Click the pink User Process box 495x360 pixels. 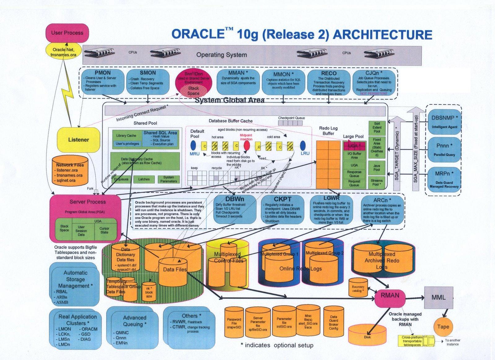point(67,33)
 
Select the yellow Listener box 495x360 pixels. point(79,140)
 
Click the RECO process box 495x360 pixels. point(328,82)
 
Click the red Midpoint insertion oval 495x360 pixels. point(247,146)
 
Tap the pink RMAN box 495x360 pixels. point(390,296)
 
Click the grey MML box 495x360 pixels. point(438,297)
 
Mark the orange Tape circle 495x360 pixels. point(443,327)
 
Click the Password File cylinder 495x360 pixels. point(234,322)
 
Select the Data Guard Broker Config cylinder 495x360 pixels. point(333,322)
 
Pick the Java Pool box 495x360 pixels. point(376,168)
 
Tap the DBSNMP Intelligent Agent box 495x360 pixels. point(444,121)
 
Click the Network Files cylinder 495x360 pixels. point(70,172)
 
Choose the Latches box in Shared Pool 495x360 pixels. point(144,179)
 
